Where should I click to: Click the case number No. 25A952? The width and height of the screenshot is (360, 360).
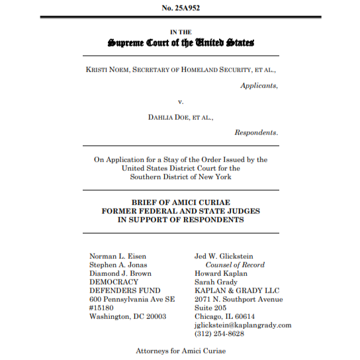[180, 7]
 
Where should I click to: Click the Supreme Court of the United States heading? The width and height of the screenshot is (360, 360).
[180, 43]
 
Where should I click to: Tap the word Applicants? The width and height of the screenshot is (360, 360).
[259, 85]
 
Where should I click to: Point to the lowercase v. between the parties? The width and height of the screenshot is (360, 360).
[180, 101]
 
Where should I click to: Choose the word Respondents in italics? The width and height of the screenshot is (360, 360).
[256, 132]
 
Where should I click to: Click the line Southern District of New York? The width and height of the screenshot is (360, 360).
[180, 177]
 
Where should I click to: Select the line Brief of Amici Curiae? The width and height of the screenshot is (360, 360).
[180, 202]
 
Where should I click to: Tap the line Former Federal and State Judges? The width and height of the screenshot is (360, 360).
[180, 211]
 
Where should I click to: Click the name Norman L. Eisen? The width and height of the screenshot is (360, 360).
[118, 256]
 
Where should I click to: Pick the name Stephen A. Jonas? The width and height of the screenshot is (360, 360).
[118, 265]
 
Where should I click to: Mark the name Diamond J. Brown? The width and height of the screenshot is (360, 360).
[120, 273]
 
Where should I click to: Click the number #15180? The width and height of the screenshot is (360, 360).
[103, 308]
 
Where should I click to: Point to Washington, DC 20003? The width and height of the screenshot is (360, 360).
[128, 316]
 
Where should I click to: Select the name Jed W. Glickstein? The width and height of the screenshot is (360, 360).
[224, 256]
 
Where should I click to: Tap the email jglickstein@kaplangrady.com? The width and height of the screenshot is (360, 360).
[243, 325]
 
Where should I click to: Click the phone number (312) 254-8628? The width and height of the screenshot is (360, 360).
[219, 334]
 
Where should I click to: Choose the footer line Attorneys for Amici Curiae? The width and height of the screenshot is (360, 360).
[180, 350]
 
